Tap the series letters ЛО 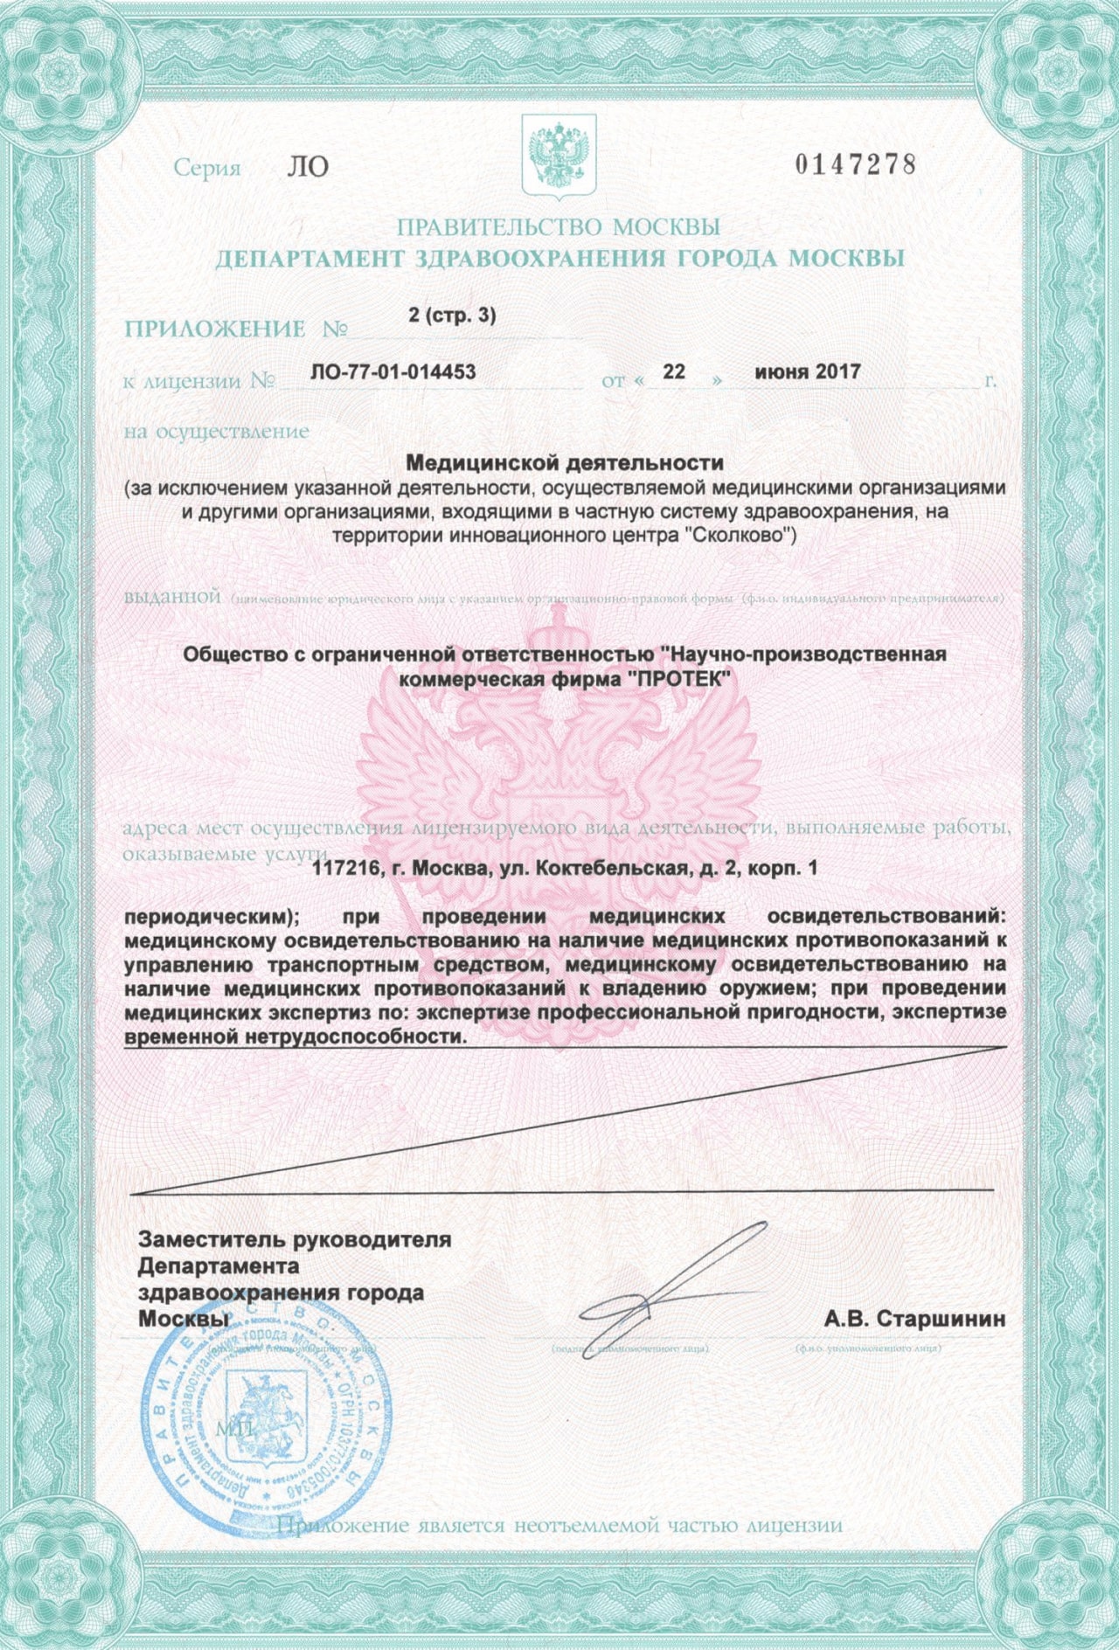pos(308,167)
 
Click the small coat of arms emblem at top pos(559,156)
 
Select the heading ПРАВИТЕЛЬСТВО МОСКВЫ pos(559,227)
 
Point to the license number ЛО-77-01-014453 pos(393,371)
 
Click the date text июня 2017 pos(808,371)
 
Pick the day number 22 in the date pos(673,371)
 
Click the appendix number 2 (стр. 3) pos(452,315)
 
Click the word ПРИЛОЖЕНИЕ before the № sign pos(215,329)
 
